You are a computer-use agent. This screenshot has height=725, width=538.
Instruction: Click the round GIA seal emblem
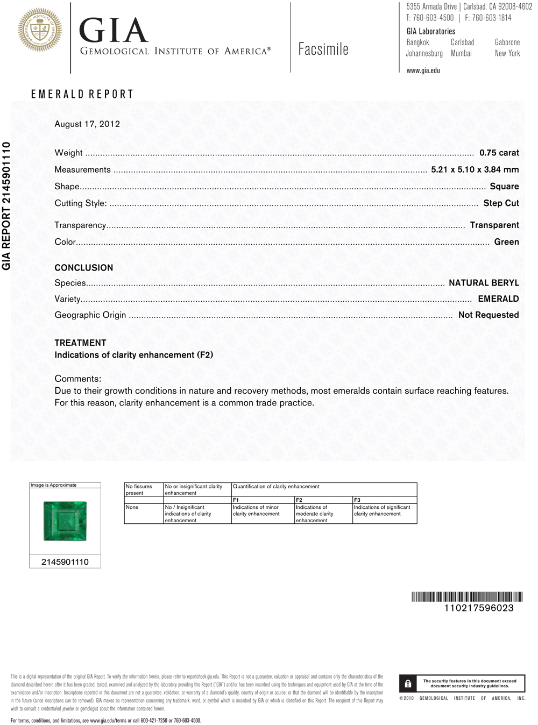[x=40, y=30]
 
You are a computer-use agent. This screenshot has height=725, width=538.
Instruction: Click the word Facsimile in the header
[x=323, y=49]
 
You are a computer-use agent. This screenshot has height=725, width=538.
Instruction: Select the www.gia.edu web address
[x=423, y=70]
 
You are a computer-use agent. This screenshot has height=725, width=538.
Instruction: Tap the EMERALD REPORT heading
[x=82, y=94]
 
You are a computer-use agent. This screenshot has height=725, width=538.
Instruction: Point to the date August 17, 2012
[x=87, y=124]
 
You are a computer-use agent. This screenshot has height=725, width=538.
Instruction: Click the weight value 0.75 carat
[x=499, y=153]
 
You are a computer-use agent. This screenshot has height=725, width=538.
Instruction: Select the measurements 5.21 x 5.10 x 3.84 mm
[x=475, y=169]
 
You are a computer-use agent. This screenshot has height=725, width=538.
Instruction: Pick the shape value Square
[x=504, y=187]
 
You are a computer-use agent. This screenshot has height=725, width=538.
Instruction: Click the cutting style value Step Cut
[x=501, y=203]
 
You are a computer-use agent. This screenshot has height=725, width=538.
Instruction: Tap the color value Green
[x=506, y=242]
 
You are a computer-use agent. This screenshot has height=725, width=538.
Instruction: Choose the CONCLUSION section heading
[x=84, y=268]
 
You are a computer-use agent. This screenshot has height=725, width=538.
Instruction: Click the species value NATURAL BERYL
[x=484, y=283]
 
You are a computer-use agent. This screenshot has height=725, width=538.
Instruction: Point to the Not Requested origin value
[x=488, y=315]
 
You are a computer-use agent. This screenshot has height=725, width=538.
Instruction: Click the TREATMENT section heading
[x=80, y=343]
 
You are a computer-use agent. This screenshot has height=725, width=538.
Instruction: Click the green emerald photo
[x=65, y=521]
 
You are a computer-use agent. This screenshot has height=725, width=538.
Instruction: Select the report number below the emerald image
[x=65, y=562]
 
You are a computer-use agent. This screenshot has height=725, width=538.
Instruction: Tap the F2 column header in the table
[x=299, y=500]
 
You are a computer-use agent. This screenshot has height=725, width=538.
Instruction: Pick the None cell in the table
[x=132, y=507]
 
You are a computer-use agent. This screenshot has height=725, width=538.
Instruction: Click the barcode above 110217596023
[x=467, y=596]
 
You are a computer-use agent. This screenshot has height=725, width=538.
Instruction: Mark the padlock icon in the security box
[x=408, y=684]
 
